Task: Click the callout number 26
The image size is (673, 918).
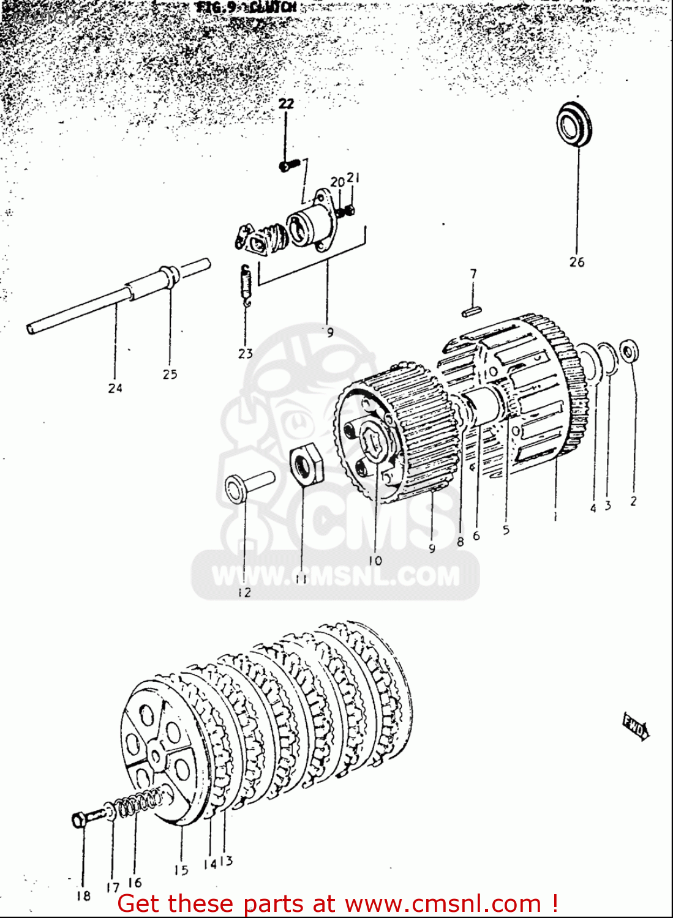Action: tap(577, 262)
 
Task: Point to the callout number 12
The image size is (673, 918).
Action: tap(244, 592)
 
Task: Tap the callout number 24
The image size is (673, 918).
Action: tap(115, 387)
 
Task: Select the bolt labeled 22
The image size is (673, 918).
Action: tap(288, 165)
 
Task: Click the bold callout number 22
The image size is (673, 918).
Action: tap(286, 104)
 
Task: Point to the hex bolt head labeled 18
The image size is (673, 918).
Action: tap(80, 819)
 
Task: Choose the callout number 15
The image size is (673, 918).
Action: tap(181, 870)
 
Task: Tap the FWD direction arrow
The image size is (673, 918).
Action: tap(636, 727)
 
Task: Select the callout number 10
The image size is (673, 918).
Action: tap(375, 560)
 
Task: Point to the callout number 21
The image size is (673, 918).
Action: tap(353, 178)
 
